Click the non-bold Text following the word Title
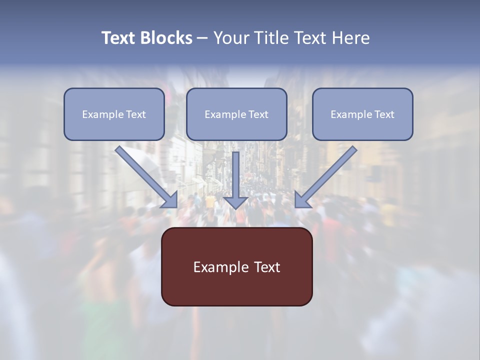[308, 38]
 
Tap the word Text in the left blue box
[136, 114]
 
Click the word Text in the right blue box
[384, 114]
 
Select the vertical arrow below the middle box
[235, 175]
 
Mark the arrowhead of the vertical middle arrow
[235, 202]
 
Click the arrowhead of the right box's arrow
[301, 200]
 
